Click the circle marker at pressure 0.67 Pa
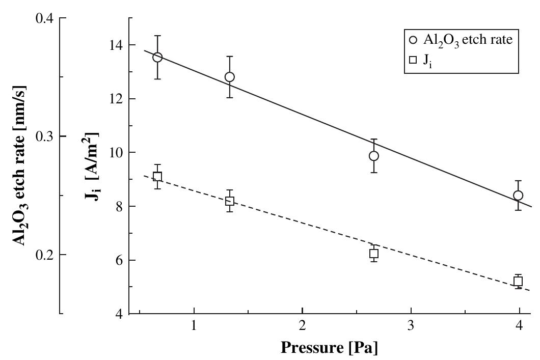[x=157, y=57]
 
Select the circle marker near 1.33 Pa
[x=230, y=77]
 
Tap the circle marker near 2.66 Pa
[x=374, y=156]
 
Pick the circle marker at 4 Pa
[x=518, y=196]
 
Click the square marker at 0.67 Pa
[x=157, y=177]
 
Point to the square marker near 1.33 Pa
[x=230, y=201]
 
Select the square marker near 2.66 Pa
[x=374, y=254]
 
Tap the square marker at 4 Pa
[x=518, y=282]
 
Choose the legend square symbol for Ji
[x=413, y=63]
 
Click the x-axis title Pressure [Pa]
[x=330, y=348]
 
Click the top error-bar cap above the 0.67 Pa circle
[x=157, y=36]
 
